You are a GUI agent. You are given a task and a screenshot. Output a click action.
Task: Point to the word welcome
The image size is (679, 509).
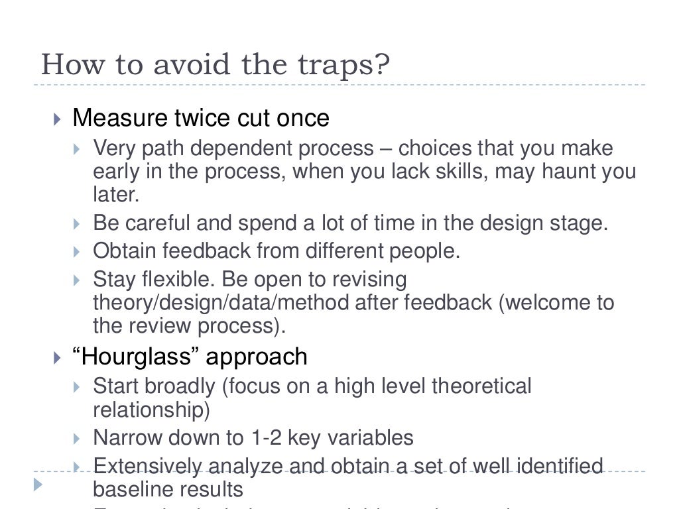(x=547, y=303)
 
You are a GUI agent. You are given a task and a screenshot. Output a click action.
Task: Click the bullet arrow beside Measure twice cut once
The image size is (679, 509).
(x=57, y=119)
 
